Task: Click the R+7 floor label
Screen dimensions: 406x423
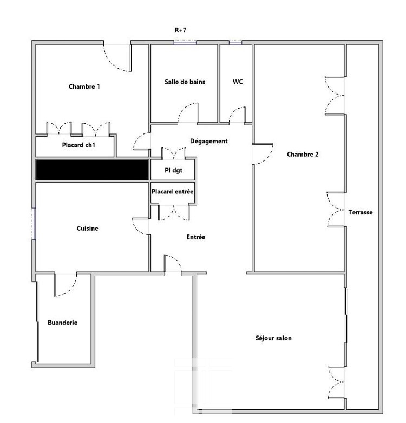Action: click(181, 30)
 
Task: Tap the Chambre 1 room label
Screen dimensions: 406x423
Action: click(84, 86)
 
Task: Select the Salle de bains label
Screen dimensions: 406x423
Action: click(185, 82)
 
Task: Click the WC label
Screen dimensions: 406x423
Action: click(238, 82)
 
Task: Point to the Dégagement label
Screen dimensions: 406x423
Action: click(208, 141)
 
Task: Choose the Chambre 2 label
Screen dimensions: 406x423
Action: click(303, 155)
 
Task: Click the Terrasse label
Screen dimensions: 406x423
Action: click(361, 212)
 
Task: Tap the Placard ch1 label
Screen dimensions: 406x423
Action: click(78, 145)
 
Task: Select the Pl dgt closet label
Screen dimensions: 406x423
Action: click(174, 171)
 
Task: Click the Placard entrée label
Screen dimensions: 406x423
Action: click(173, 192)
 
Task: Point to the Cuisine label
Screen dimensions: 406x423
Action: click(87, 228)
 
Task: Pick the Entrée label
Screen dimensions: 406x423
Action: click(196, 237)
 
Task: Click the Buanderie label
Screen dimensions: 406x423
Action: click(62, 323)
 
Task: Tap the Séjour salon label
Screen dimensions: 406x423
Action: click(273, 338)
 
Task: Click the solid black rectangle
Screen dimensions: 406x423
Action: click(92, 170)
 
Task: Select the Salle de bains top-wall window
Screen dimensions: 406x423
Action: click(185, 42)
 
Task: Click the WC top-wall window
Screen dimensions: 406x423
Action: click(235, 42)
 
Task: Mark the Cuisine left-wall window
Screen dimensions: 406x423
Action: click(34, 224)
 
